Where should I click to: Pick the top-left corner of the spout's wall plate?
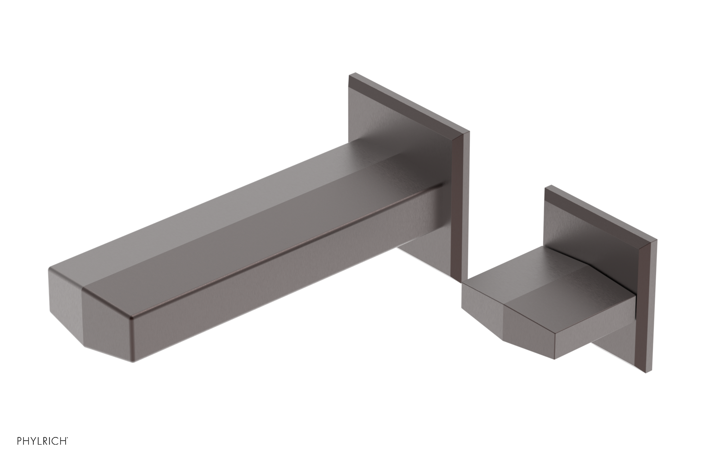click(x=351, y=73)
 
